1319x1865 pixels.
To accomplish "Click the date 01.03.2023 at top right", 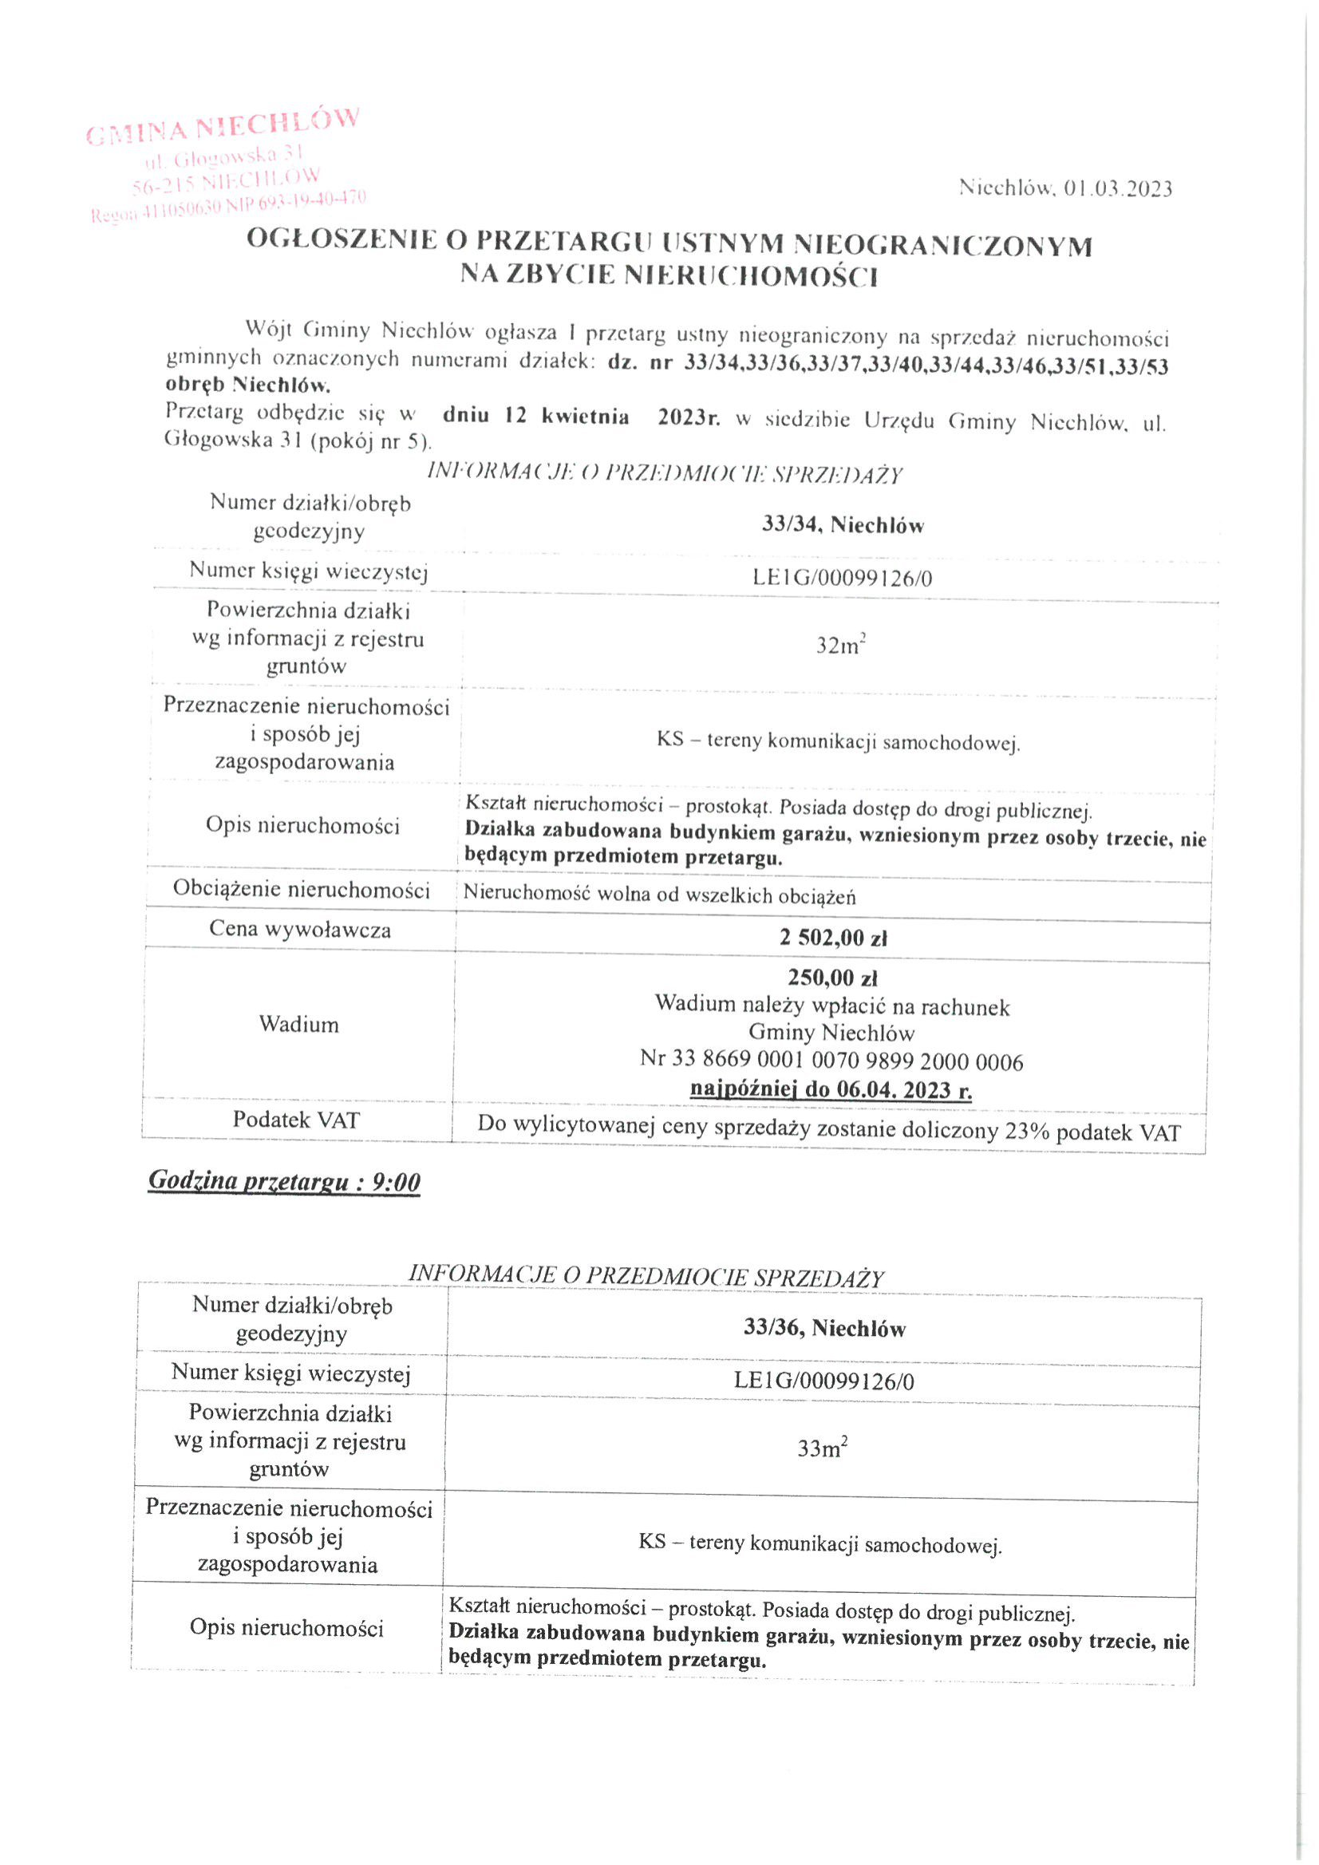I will [1117, 189].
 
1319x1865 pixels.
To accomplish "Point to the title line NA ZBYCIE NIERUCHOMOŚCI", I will [669, 277].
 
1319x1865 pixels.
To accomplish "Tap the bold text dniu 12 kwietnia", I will [535, 417].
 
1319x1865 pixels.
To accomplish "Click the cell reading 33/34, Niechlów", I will [843, 526].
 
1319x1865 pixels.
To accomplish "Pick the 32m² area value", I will [839, 646].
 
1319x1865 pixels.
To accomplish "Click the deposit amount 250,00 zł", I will [832, 978].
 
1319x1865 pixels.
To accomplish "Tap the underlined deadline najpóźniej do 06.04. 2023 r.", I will [831, 1090].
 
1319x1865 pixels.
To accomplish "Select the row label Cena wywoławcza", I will [300, 929].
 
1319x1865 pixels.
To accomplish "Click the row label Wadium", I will [298, 1025].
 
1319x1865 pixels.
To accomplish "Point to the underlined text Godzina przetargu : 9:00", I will [284, 1182].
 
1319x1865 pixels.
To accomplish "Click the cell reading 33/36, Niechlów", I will [824, 1328].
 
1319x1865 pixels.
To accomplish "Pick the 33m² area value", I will [822, 1448].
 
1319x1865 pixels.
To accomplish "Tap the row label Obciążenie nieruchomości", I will [301, 890].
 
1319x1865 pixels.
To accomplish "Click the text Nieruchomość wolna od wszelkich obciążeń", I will [659, 896].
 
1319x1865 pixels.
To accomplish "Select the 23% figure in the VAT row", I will [1027, 1131].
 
